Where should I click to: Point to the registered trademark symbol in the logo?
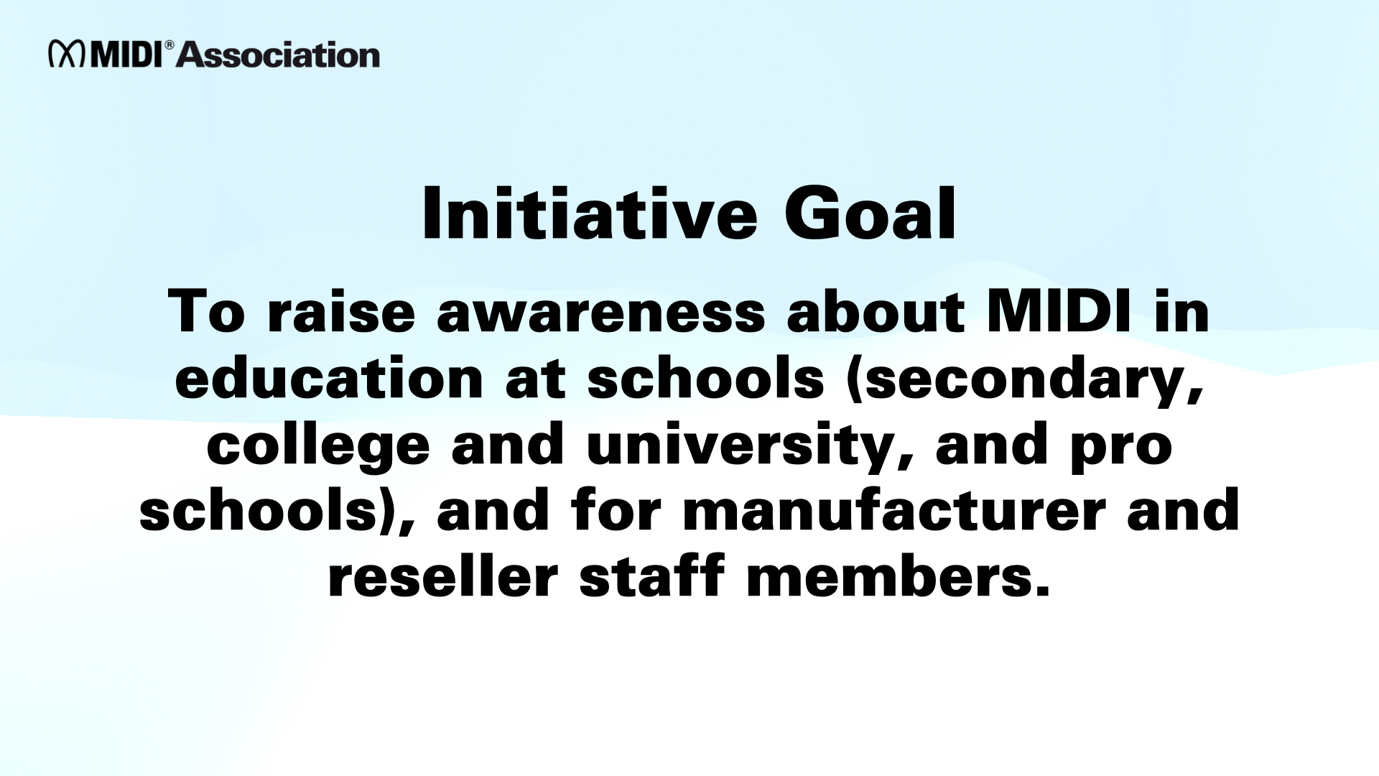(170, 45)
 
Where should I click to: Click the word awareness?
(601, 313)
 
